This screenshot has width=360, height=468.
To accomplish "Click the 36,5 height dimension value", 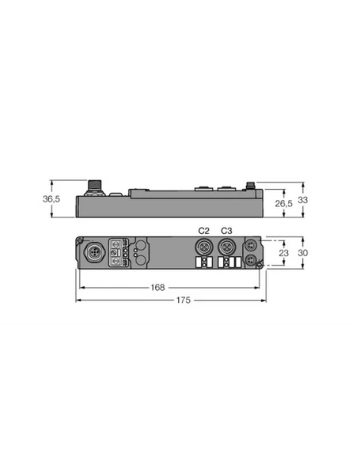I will [x=51, y=199].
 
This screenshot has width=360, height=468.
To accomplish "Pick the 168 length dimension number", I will [x=160, y=288].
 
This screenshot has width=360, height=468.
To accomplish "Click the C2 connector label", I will [x=203, y=230].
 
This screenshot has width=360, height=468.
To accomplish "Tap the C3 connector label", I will [x=226, y=230].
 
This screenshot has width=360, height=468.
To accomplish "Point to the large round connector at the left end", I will [x=95, y=253].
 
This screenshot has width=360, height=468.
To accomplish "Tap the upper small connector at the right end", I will [x=252, y=245].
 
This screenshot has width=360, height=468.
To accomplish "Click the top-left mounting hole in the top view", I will [x=80, y=240].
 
